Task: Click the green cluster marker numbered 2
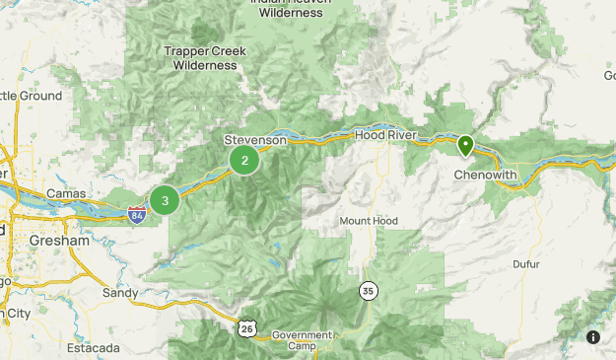coord(244,160)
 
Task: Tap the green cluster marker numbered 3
coord(165,200)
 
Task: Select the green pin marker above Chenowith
coord(465,146)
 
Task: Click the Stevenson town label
coord(255,140)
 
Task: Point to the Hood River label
coord(385,135)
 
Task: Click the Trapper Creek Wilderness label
coord(205,58)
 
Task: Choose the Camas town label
coord(66,193)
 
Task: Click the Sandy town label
coord(119,293)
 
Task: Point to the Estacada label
coord(93,348)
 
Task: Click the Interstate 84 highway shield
coord(138,214)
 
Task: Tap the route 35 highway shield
coord(368,290)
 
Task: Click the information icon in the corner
coord(593,337)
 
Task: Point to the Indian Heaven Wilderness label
coord(287,8)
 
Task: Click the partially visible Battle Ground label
coord(30,96)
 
